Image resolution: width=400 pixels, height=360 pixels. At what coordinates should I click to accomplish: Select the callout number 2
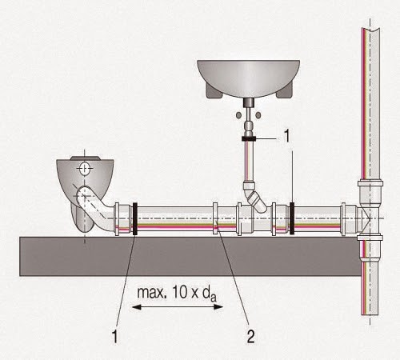click(250, 337)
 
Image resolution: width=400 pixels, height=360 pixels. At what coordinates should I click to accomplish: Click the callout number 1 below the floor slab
click(115, 337)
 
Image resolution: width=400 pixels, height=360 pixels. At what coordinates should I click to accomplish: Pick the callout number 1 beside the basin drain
click(286, 136)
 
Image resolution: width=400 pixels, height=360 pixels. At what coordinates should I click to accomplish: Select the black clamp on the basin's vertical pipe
click(249, 138)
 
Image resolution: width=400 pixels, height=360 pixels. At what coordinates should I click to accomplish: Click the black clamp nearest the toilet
click(135, 218)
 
